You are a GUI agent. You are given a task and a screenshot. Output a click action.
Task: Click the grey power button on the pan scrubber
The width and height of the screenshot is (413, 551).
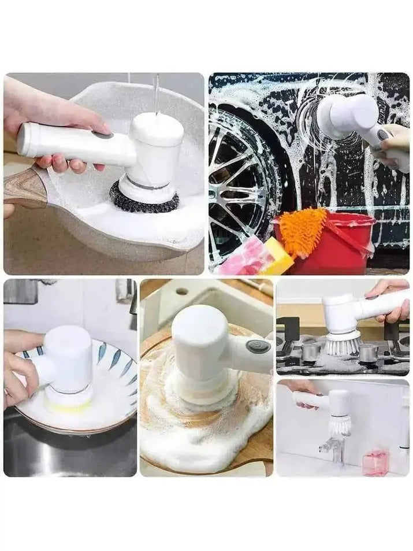(103, 135)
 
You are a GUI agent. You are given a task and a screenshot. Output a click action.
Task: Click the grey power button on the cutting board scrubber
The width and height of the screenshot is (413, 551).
(258, 347)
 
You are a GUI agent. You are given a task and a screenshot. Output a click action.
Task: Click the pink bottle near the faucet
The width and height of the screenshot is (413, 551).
(375, 463)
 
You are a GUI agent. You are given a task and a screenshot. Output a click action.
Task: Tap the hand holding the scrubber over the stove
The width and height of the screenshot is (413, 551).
(393, 301)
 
